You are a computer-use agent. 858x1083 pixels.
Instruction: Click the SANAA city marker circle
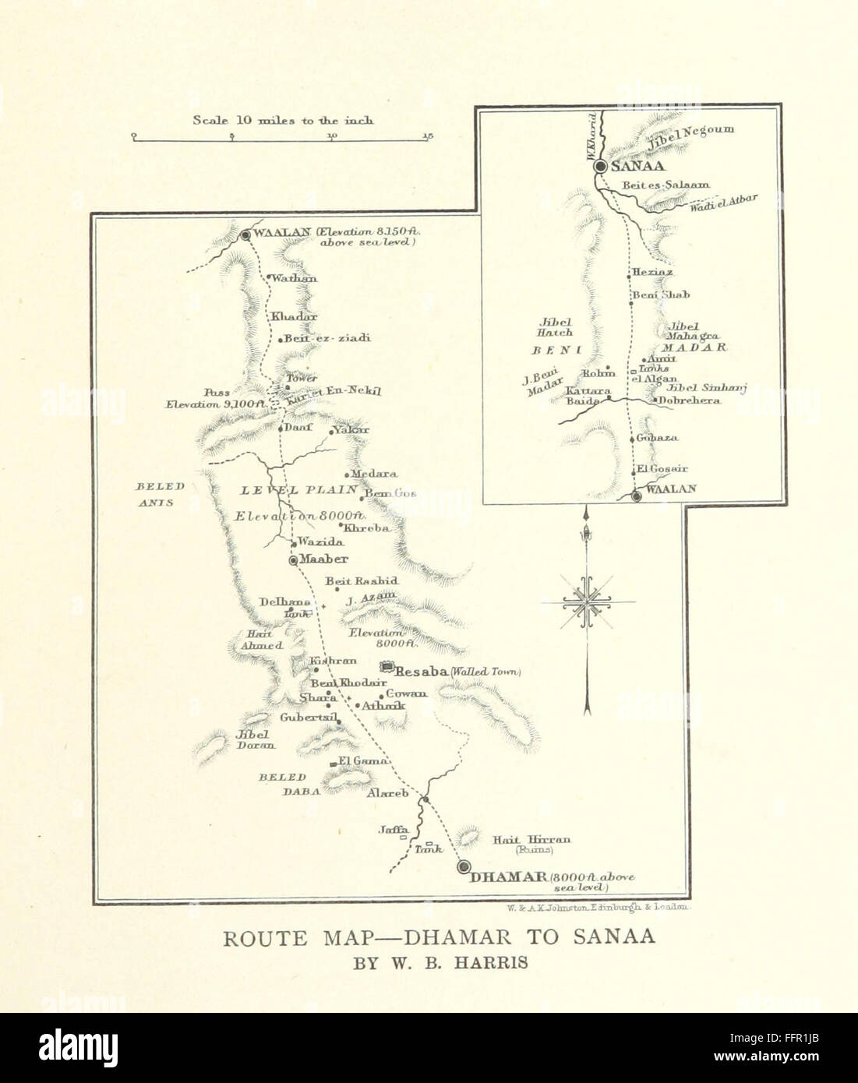coord(600,167)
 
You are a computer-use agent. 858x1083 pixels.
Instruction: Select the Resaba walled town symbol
coord(386,668)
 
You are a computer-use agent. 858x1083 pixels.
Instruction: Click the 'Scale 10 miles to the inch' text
coord(283,120)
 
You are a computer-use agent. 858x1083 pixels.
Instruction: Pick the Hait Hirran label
coord(532,840)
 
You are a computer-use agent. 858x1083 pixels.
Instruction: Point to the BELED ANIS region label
coord(160,494)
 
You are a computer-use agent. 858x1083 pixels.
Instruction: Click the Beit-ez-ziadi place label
coord(316,339)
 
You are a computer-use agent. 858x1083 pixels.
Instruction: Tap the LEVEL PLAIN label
coord(298,490)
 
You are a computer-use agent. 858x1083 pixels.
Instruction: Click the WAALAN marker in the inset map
coord(637,496)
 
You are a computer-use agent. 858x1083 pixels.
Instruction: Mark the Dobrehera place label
coord(690,400)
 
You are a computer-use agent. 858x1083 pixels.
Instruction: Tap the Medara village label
coord(374,474)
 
